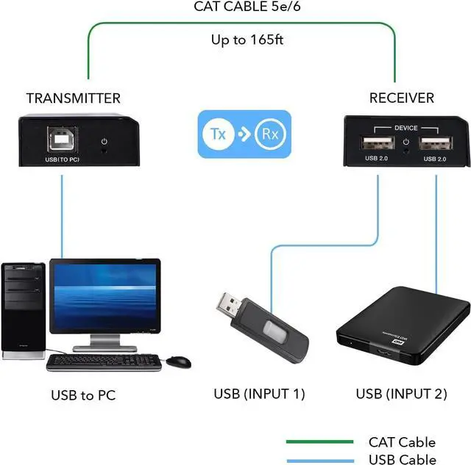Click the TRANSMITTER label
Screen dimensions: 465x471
coord(73,98)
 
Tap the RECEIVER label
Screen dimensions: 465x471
coord(401,98)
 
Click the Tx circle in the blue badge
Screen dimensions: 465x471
coord(219,134)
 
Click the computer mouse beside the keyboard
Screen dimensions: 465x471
coord(178,361)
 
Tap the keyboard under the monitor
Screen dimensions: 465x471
coord(104,361)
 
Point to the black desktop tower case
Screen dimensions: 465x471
coord(23,309)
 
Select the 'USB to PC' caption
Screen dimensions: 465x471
coord(83,395)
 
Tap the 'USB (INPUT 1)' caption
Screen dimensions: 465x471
coord(259,394)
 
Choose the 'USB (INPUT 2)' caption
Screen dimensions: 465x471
coord(401,394)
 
